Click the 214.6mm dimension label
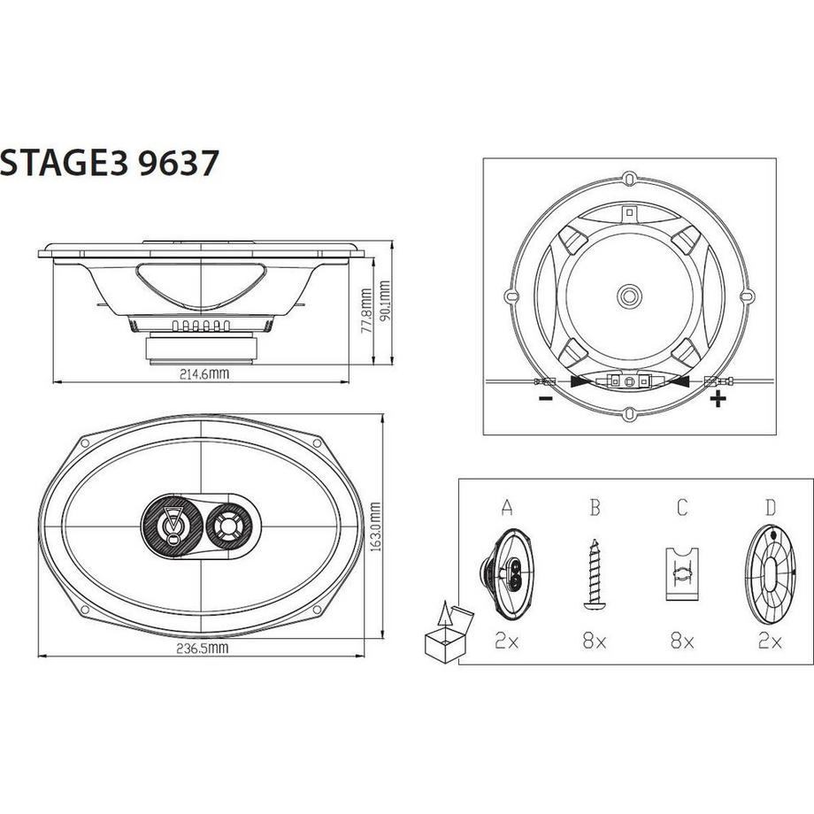203,373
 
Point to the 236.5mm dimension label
203,649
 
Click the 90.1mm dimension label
384,303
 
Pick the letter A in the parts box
507,508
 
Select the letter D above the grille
770,508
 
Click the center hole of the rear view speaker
629,294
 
